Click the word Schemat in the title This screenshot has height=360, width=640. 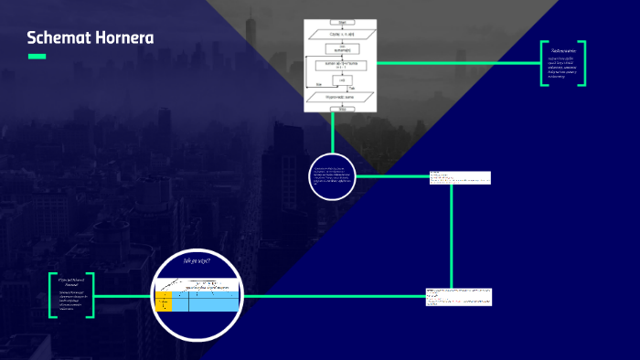(57, 38)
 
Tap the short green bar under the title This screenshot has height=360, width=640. (37, 57)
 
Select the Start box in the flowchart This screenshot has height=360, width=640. (340, 23)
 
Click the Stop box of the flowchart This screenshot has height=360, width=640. (340, 107)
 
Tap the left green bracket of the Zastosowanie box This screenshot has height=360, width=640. (543, 63)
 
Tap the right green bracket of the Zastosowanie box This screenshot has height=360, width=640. (583, 63)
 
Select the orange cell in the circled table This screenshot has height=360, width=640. (164, 301)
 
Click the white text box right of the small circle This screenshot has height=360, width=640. (460, 177)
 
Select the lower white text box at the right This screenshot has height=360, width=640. (459, 296)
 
